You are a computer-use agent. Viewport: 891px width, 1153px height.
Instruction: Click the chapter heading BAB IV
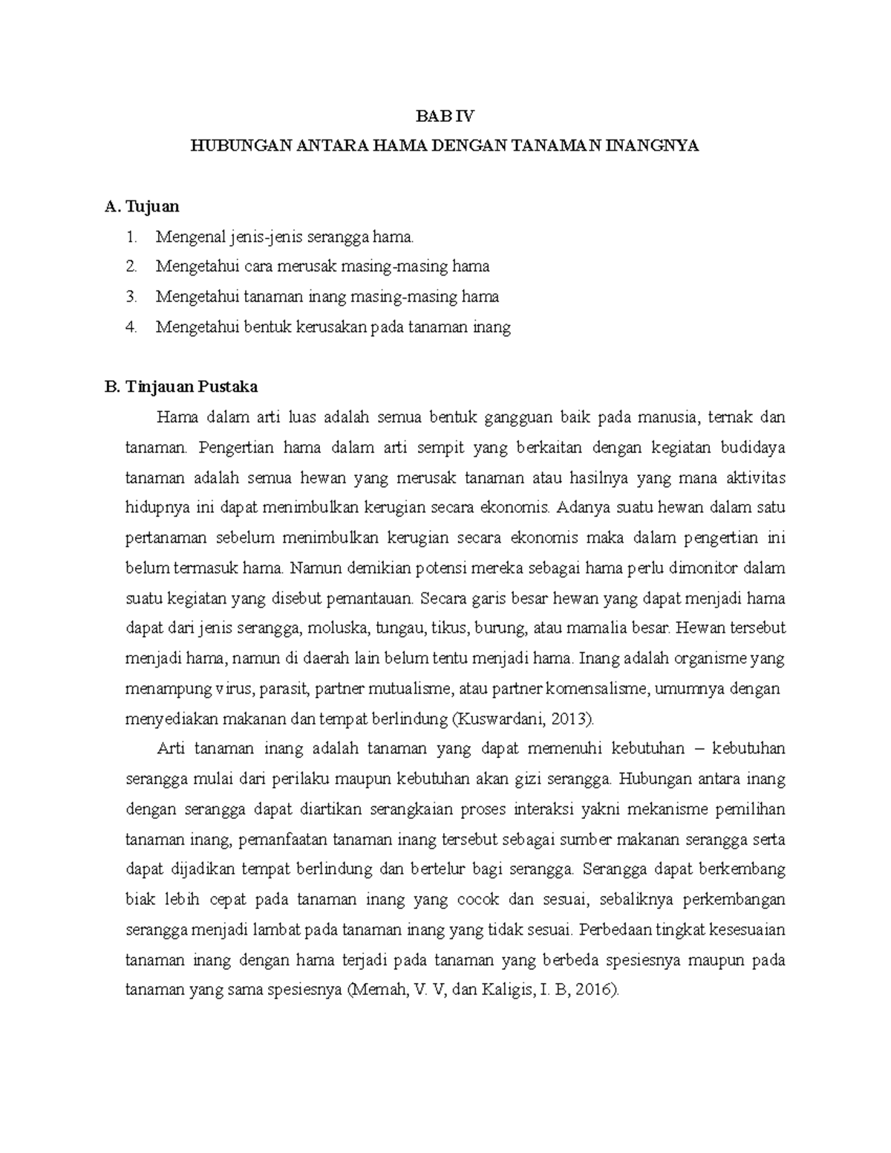[x=445, y=116]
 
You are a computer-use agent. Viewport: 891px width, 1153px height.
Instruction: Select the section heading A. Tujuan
[x=143, y=206]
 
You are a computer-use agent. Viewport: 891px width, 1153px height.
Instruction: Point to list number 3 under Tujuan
[x=132, y=297]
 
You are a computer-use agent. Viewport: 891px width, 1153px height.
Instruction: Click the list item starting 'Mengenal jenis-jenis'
[x=283, y=237]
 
